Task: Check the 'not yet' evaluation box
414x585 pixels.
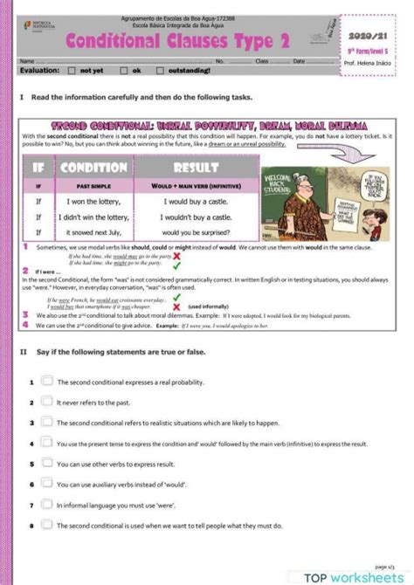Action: [x=73, y=70]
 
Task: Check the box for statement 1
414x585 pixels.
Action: [x=47, y=382]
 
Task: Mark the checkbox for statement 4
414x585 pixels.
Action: [x=47, y=443]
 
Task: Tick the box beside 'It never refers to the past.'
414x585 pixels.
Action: [x=47, y=402]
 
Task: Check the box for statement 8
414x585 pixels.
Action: [x=47, y=525]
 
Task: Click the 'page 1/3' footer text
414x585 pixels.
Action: [x=384, y=566]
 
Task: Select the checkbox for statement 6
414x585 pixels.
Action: [x=47, y=484]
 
